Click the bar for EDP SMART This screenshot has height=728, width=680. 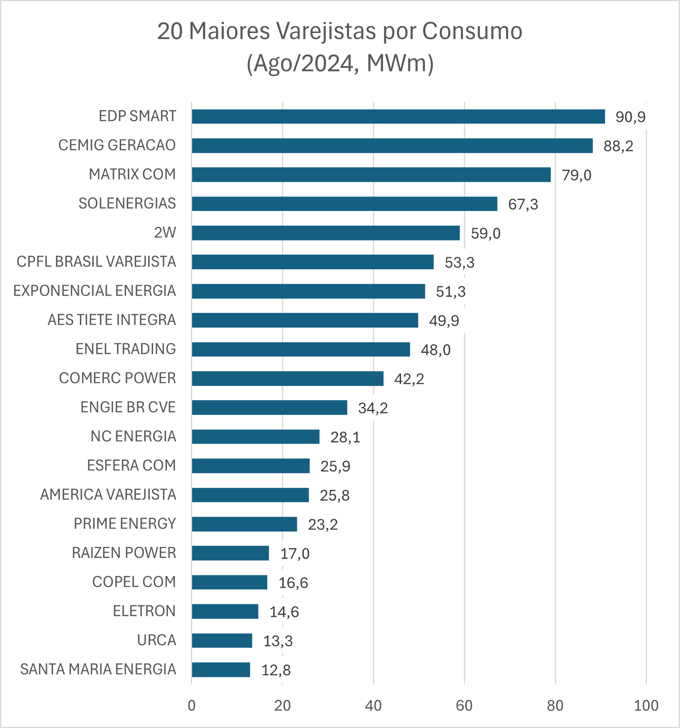[398, 117]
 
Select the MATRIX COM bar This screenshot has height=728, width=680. [371, 175]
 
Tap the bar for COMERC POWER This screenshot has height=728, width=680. [288, 378]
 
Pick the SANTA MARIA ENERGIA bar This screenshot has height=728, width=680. [221, 670]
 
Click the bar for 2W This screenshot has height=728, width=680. [326, 233]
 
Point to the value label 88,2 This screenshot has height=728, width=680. [618, 146]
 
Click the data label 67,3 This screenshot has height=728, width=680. [523, 204]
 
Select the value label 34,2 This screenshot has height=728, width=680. [373, 408]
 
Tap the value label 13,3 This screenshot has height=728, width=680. [278, 641]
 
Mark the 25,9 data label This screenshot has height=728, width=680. [335, 466]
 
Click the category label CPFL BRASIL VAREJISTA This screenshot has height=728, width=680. [96, 262]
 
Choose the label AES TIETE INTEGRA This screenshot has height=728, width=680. [112, 320]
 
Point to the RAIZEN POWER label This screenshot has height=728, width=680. [124, 553]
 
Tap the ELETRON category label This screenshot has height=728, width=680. [144, 611]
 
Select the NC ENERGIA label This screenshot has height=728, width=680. [133, 436]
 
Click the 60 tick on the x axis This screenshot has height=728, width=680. [464, 706]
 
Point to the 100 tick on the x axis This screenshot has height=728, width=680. [646, 706]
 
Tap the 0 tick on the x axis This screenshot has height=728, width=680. [192, 706]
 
